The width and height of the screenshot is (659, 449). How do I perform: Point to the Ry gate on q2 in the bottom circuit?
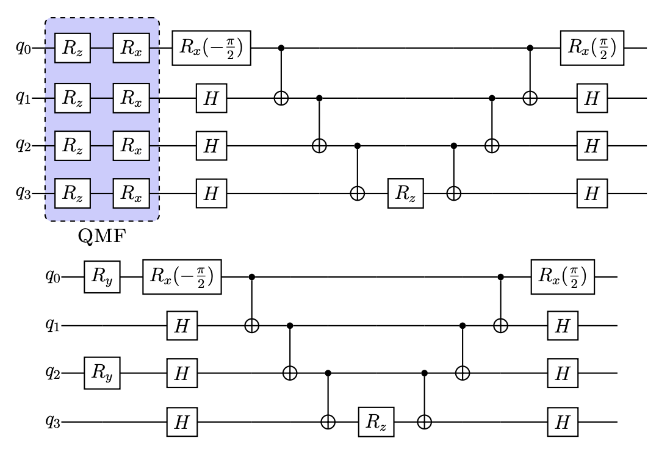[102, 373]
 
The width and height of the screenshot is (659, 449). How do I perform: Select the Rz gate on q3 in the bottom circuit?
[376, 422]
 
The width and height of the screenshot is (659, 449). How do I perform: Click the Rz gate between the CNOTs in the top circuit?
[405, 193]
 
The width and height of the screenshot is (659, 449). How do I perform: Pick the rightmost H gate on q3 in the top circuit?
[591, 193]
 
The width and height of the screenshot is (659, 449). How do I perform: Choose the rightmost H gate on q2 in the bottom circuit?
[562, 373]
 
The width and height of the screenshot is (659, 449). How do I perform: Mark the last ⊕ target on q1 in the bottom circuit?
[501, 326]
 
